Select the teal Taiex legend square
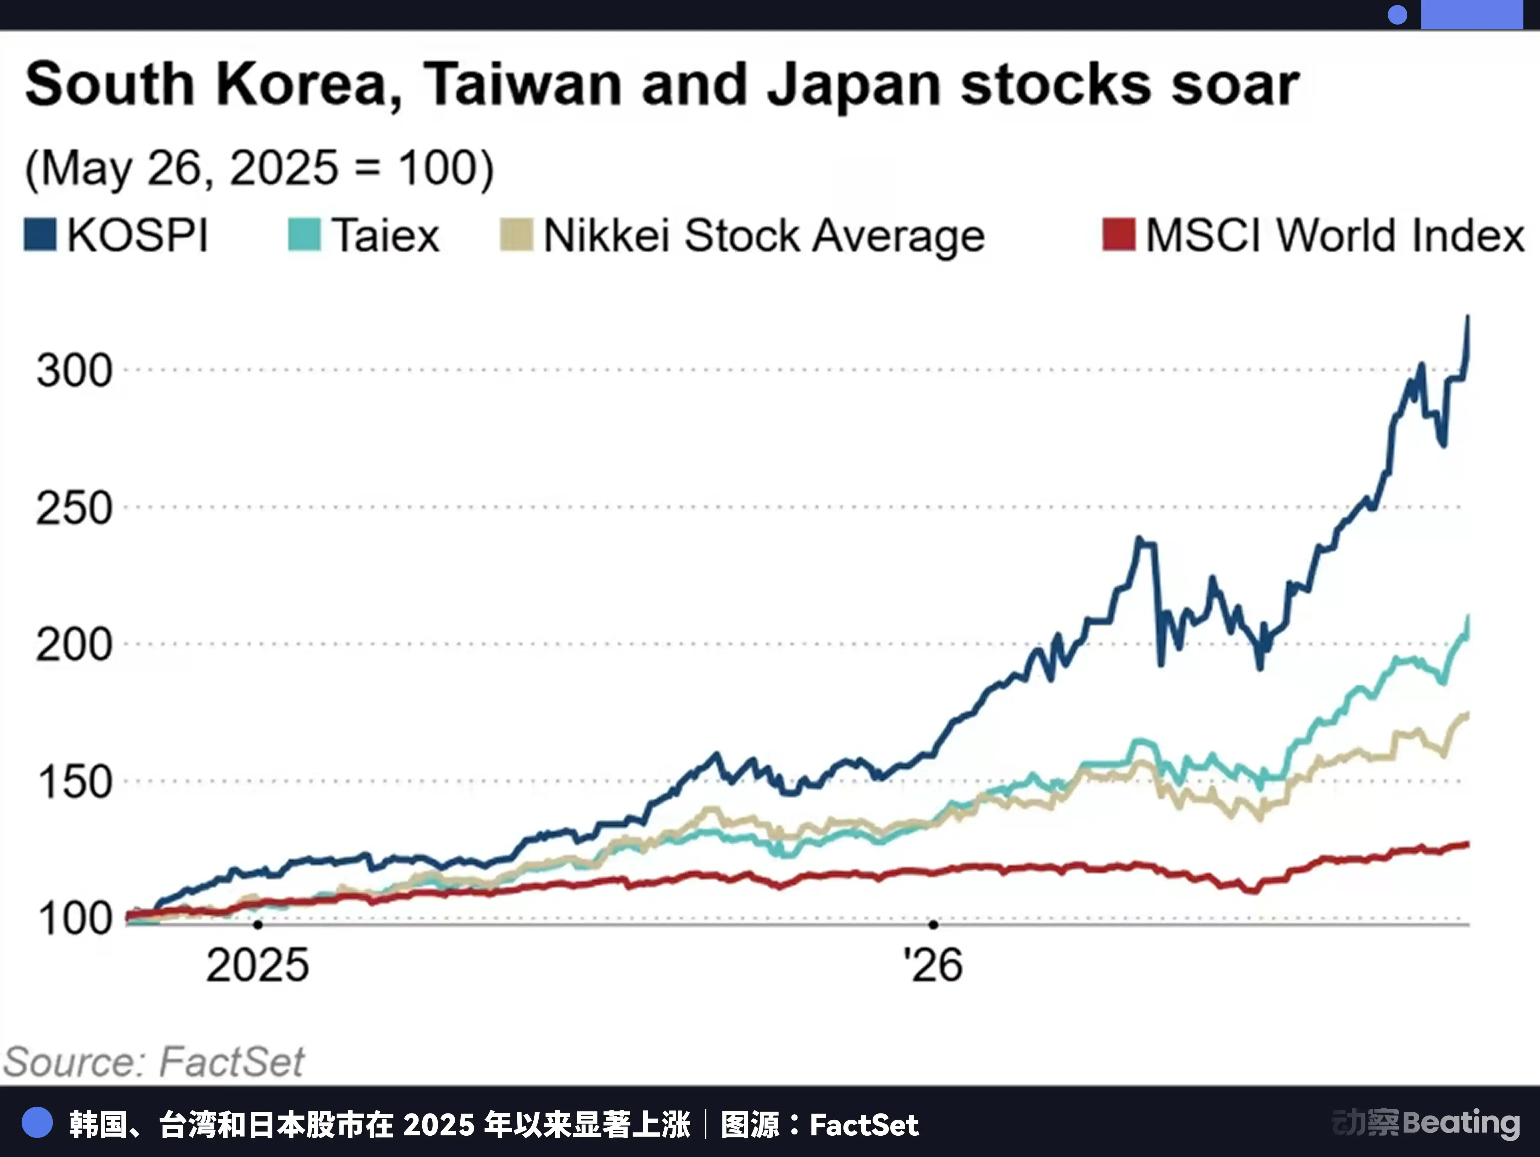click(x=304, y=235)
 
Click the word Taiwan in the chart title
click(x=522, y=84)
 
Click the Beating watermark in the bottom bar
click(x=1461, y=1123)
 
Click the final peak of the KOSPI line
click(x=1468, y=317)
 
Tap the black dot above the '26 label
click(x=933, y=925)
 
